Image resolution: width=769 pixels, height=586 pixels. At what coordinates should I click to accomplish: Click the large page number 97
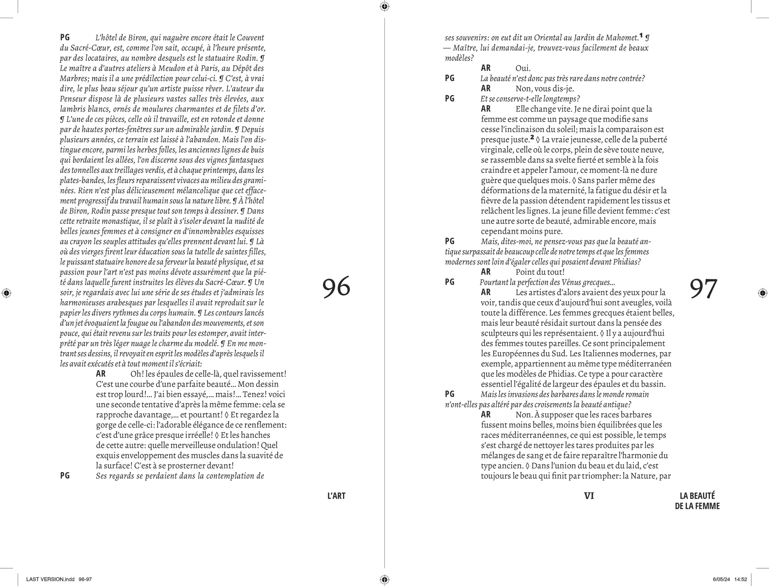pyautogui.click(x=703, y=289)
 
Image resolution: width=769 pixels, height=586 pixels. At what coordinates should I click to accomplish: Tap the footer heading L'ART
pyautogui.click(x=336, y=496)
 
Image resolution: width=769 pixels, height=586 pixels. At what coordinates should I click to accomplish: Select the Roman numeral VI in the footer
pyautogui.click(x=589, y=496)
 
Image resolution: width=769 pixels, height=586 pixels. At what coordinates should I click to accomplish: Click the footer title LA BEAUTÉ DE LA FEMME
pyautogui.click(x=697, y=501)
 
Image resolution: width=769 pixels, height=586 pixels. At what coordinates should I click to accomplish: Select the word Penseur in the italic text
pyautogui.click(x=73, y=99)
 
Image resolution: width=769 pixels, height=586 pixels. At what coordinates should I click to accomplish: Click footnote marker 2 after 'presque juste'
pyautogui.click(x=532, y=138)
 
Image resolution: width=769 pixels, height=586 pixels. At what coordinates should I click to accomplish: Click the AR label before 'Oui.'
pyautogui.click(x=486, y=68)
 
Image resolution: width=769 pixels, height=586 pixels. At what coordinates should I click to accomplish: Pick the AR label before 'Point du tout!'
pyautogui.click(x=486, y=272)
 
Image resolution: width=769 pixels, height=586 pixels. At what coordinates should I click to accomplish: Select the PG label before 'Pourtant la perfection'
pyautogui.click(x=449, y=282)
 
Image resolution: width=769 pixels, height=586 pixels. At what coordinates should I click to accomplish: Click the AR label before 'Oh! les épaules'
pyautogui.click(x=101, y=374)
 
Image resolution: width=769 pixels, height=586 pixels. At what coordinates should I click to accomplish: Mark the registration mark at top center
pyautogui.click(x=384, y=6)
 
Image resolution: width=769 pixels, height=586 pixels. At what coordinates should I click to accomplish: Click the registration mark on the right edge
pyautogui.click(x=762, y=293)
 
